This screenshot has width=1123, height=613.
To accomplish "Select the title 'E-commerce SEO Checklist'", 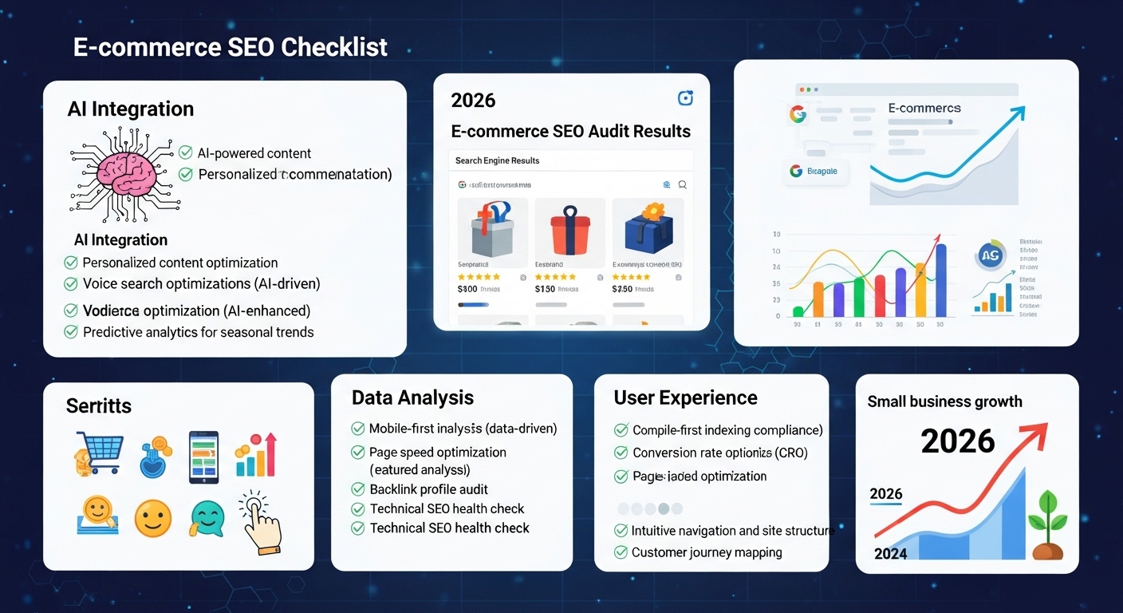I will [x=231, y=47].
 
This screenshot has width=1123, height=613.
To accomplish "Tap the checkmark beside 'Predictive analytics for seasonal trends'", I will [x=70, y=332].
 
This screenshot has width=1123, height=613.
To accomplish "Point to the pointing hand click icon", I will [x=260, y=523].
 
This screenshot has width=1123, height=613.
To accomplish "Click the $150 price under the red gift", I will [x=545, y=289].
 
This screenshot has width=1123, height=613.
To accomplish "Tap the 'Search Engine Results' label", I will [x=497, y=160].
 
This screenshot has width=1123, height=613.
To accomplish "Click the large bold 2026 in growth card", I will [x=957, y=441].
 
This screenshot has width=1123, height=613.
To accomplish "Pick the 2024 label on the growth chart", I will [x=890, y=553].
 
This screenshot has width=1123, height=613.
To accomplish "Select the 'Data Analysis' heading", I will [x=412, y=397].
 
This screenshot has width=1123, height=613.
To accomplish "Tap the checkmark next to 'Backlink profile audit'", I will [x=358, y=489].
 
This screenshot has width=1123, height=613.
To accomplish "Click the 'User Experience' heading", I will [x=685, y=397].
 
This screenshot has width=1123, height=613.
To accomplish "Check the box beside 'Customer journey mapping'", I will [x=621, y=552].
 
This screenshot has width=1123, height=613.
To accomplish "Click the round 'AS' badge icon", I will [x=991, y=256].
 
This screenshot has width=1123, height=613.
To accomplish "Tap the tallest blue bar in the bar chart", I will [x=940, y=279].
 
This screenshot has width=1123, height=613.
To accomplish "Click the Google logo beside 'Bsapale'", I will [x=795, y=171].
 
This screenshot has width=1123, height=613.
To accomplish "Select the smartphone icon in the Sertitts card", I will [x=203, y=457].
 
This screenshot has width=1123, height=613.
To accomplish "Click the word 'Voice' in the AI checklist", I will [x=100, y=283].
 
